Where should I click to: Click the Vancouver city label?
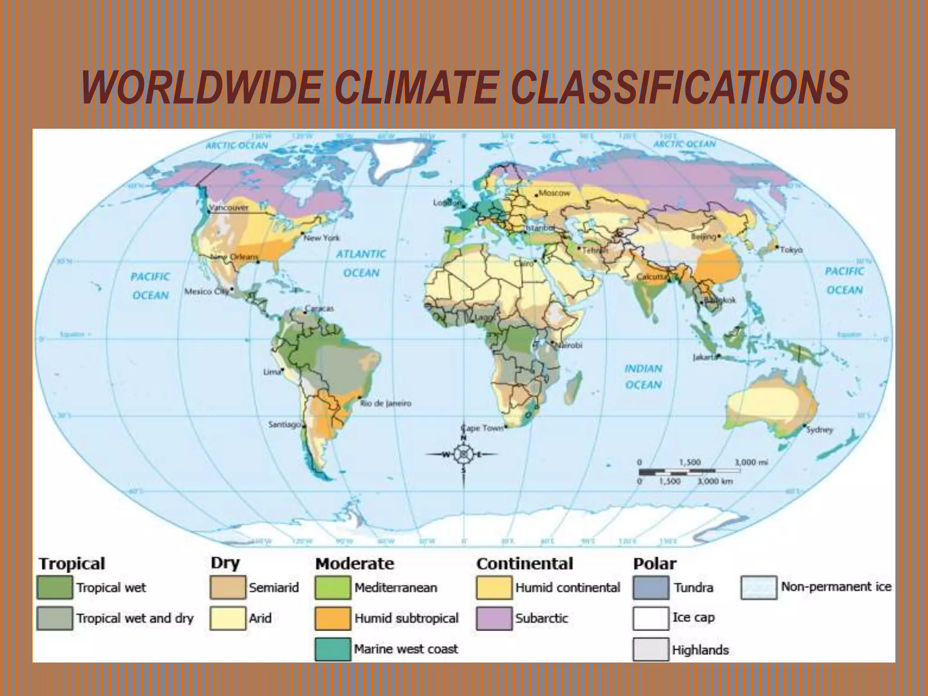tap(229, 208)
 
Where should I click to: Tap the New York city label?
tap(321, 237)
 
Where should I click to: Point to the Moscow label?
tap(554, 193)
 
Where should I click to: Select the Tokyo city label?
tap(791, 250)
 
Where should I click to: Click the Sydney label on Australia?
tap(820, 430)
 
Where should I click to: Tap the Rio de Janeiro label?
tap(386, 403)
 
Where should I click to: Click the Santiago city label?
tap(285, 425)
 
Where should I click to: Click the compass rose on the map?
tap(463, 454)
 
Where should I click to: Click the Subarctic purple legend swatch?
tap(494, 619)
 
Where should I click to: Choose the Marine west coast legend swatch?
tap(333, 649)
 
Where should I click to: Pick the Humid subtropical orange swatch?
tap(333, 619)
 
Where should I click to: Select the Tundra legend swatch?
tap(651, 588)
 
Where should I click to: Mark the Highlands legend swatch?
tap(651, 649)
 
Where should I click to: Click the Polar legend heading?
tap(654, 564)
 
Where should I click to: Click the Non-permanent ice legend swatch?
tap(759, 588)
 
